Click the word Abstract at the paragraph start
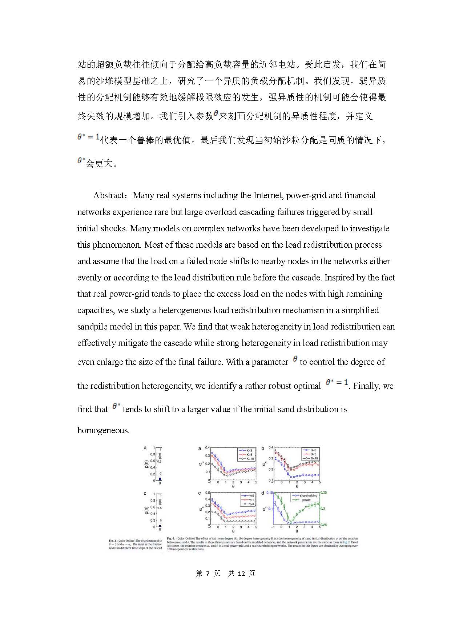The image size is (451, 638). (109, 196)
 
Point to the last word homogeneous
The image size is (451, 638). (103, 431)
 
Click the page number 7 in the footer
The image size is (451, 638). (208, 574)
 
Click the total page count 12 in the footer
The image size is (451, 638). (242, 574)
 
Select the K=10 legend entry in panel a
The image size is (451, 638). (251, 459)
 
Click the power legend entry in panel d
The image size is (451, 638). (306, 500)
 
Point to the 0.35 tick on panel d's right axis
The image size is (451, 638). (323, 493)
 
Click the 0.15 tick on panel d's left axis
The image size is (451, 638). (269, 493)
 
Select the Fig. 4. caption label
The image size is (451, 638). (171, 538)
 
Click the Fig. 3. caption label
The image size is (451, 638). (113, 541)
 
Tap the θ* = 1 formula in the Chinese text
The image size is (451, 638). (88, 137)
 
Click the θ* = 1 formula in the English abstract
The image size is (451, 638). (337, 383)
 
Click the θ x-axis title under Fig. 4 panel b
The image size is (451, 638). (297, 486)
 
